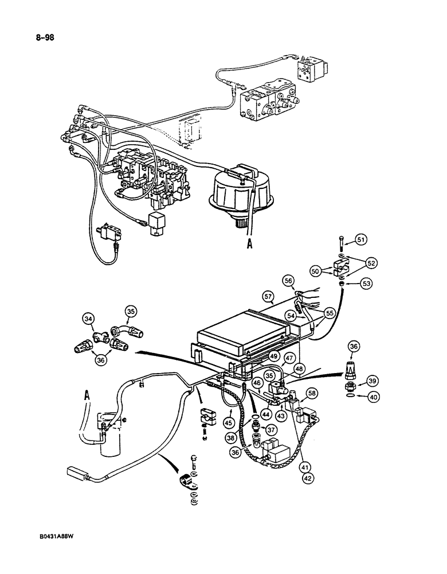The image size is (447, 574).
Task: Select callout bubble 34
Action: [x=88, y=319]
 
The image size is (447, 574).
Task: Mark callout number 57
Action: [x=266, y=296]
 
